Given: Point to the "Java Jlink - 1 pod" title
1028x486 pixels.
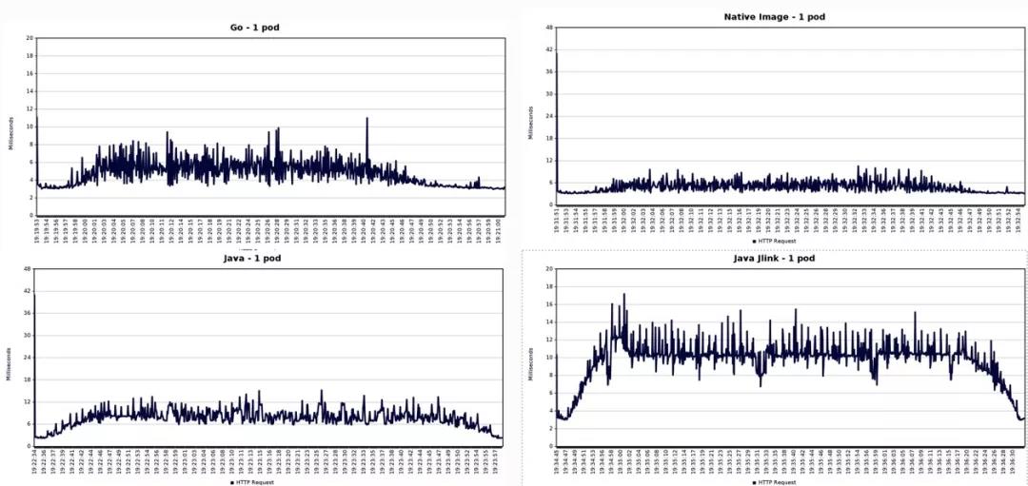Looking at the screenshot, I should pos(774,258).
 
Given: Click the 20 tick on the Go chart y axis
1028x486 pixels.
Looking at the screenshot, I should pos(30,38).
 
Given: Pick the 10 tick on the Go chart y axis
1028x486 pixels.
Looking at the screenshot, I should pos(30,126).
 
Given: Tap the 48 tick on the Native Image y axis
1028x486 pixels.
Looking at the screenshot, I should pos(550,28).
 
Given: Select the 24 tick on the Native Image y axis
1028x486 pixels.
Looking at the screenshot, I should pos(550,116).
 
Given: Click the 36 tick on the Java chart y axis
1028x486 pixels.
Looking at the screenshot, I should pos(29,313).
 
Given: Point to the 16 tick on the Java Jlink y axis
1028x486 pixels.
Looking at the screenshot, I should pos(549,304).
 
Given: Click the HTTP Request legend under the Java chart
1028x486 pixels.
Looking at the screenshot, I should pos(255,483).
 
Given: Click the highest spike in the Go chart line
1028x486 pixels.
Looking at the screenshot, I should pos(366,119).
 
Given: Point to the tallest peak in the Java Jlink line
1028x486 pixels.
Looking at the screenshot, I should pos(623,295).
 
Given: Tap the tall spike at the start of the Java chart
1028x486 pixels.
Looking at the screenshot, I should pos(34,297).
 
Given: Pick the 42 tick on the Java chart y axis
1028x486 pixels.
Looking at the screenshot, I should pos(29,291).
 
